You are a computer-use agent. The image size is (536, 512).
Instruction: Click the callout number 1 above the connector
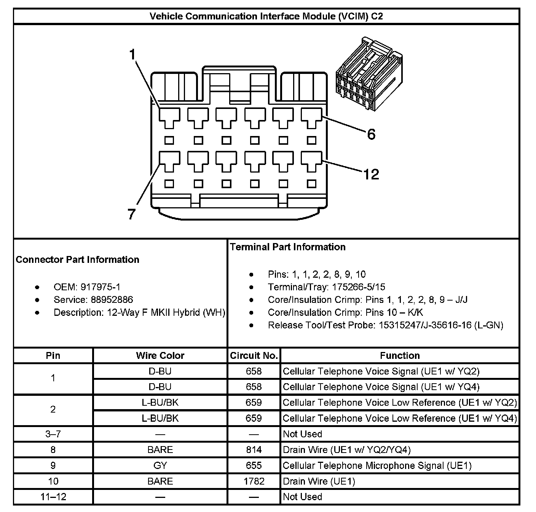(132, 55)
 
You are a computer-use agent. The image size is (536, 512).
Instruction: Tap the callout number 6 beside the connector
(371, 134)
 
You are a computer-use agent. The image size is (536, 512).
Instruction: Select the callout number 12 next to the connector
(371, 174)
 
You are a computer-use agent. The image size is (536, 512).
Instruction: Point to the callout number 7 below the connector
(131, 214)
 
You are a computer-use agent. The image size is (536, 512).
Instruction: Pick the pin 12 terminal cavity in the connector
(311, 161)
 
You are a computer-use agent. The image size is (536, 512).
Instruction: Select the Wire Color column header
(160, 355)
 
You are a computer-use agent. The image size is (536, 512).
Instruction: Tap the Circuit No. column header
(254, 355)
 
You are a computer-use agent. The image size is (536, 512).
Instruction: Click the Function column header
(400, 355)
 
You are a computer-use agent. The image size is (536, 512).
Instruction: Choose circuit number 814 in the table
(254, 450)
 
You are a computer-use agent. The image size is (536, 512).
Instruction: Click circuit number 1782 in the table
(254, 481)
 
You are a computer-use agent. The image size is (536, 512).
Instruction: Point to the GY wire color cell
(160, 466)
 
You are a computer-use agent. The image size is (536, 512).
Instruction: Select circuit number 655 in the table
(254, 466)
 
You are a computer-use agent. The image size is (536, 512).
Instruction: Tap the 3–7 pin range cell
(53, 434)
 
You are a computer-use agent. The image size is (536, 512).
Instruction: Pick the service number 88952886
(112, 300)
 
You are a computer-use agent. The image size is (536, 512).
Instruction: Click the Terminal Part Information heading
(287, 247)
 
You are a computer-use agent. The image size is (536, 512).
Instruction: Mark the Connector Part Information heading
(77, 259)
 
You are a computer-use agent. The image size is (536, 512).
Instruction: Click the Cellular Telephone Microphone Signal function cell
(377, 466)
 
